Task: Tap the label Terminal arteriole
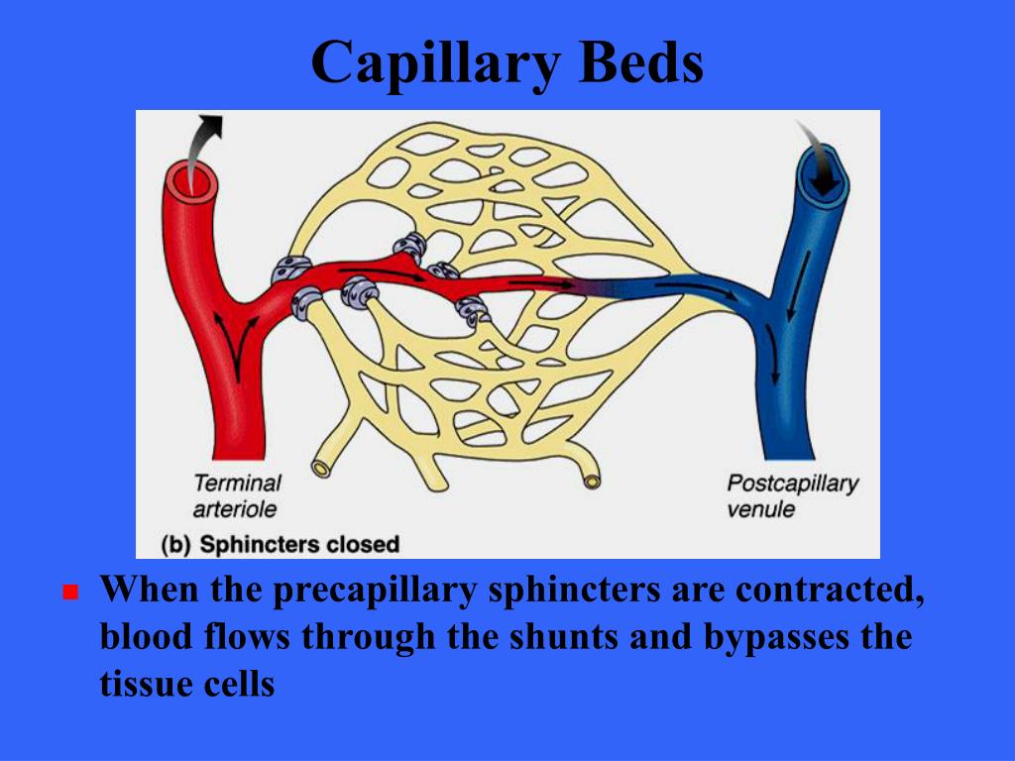237,495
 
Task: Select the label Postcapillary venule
791,495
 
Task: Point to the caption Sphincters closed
298,544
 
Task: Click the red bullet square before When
69,593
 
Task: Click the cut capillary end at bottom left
322,467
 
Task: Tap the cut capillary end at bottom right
592,481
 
